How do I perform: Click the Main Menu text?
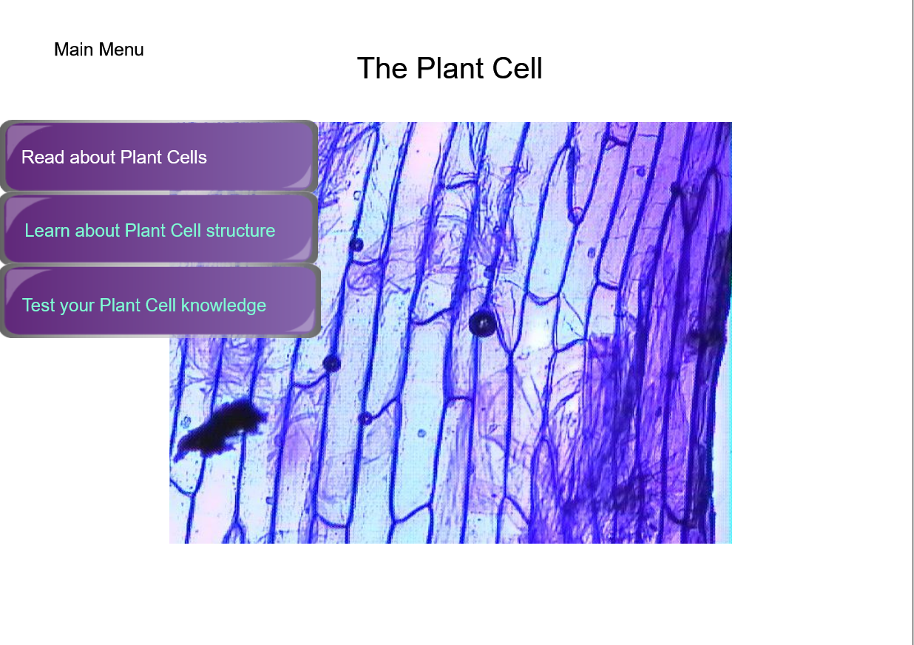[x=99, y=50]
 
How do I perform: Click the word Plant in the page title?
[x=450, y=68]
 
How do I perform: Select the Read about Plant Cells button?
[x=159, y=156]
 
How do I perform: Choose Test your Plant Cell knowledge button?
[x=160, y=301]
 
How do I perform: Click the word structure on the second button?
[x=240, y=231]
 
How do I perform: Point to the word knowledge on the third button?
[x=223, y=305]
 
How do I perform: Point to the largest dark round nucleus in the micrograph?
[x=482, y=323]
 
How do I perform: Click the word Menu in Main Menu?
[x=121, y=50]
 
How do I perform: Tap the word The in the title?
[x=382, y=68]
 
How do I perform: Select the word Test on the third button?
[x=38, y=305]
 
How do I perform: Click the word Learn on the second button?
[x=47, y=231]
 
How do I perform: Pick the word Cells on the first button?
[x=187, y=157]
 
